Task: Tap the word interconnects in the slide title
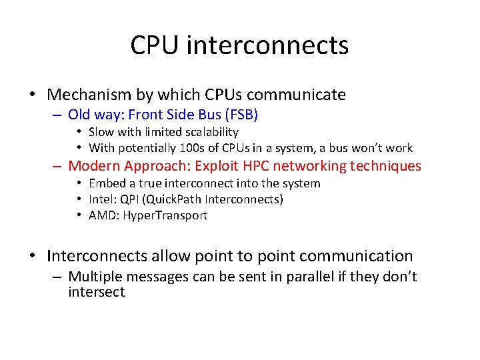[x=268, y=45]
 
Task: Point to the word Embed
[x=106, y=183]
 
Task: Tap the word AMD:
[x=104, y=215]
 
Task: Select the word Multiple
[x=96, y=276]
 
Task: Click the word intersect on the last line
[x=96, y=292]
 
